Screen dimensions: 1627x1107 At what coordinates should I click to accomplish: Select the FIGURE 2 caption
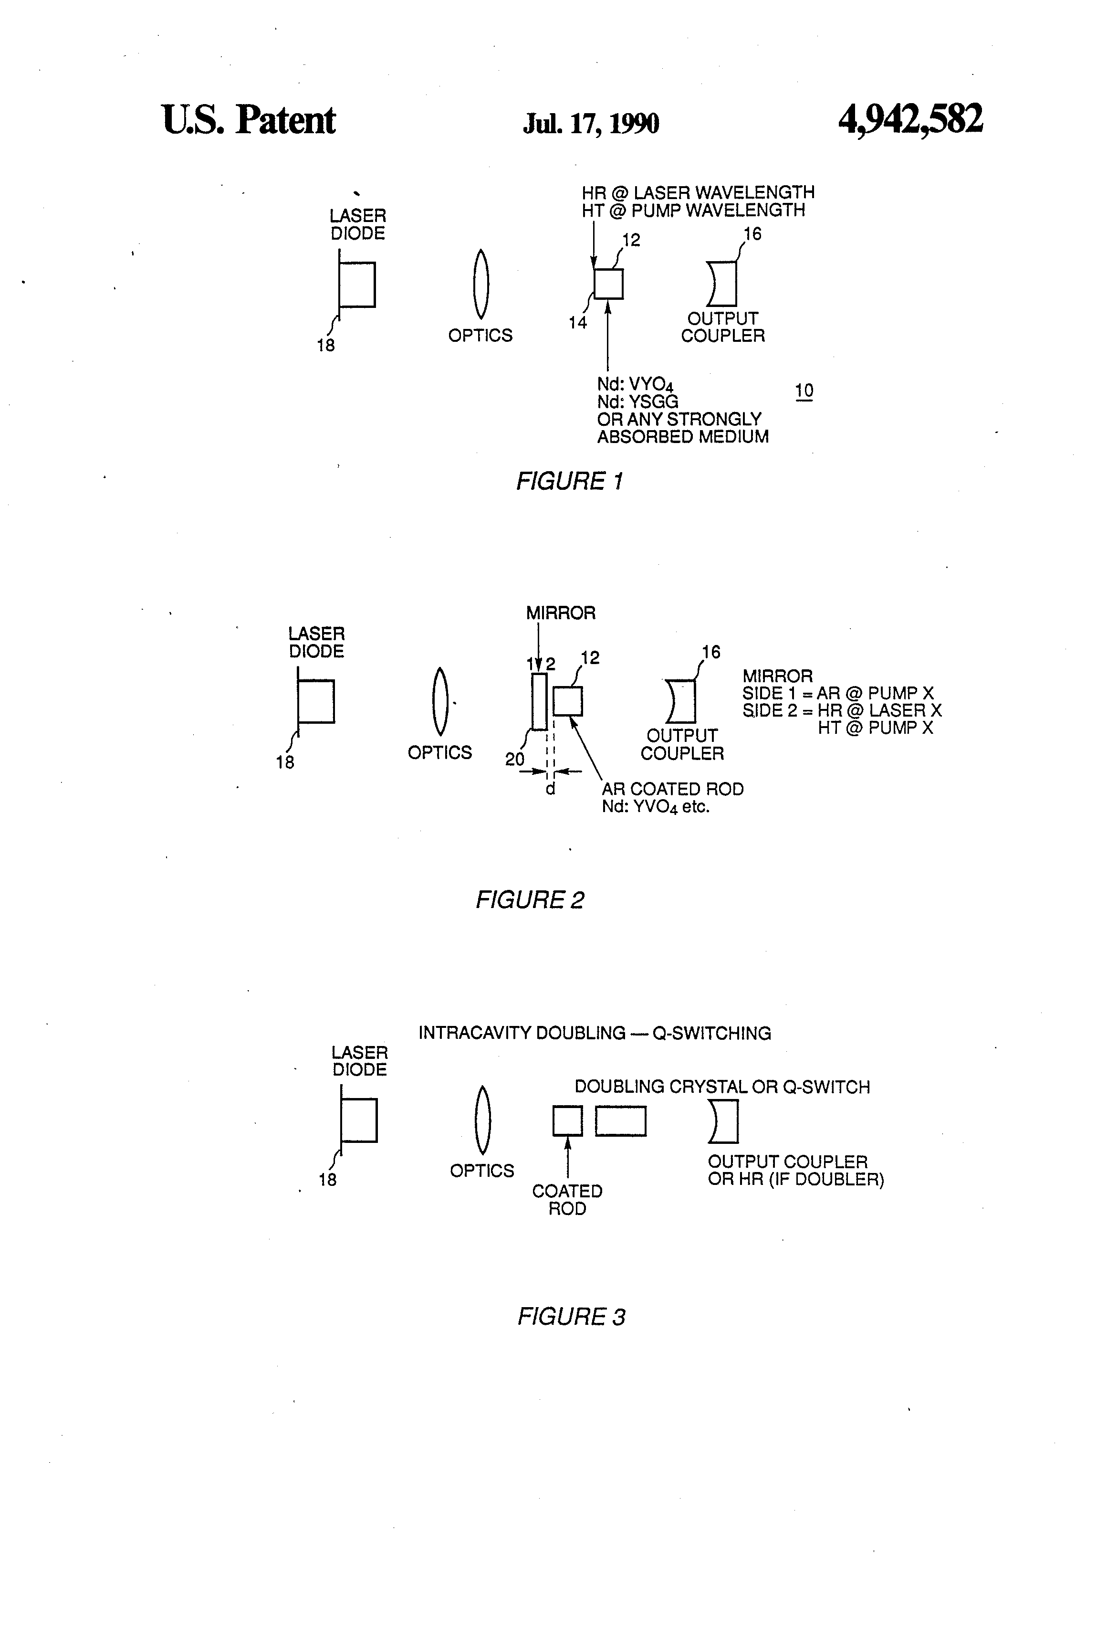point(530,899)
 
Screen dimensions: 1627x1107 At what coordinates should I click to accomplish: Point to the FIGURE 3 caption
point(571,1317)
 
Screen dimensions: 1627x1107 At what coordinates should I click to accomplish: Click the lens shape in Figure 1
point(480,284)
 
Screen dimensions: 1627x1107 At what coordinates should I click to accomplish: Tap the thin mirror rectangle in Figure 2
point(539,701)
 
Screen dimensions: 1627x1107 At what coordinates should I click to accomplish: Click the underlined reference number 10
point(804,391)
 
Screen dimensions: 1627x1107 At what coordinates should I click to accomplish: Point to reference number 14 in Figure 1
point(577,323)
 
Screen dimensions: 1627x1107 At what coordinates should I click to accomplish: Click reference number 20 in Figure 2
point(514,760)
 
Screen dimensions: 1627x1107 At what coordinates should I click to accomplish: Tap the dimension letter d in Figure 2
point(551,789)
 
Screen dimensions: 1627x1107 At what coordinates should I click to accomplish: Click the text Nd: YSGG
point(637,402)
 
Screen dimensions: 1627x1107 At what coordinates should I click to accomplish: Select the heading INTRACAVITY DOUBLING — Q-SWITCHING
point(594,1033)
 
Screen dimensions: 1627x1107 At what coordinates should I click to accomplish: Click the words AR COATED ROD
point(672,789)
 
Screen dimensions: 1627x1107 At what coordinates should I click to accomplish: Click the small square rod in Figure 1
point(608,284)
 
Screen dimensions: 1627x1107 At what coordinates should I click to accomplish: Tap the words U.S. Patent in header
point(249,120)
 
